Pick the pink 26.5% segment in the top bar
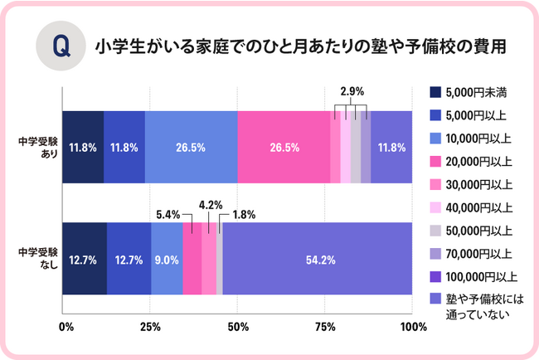tap(284, 148)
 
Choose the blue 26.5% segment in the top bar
tap(191, 148)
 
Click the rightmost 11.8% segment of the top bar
tap(391, 148)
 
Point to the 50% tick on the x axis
tap(238, 326)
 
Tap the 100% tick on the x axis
tap(412, 326)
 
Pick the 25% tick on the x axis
tap(151, 326)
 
